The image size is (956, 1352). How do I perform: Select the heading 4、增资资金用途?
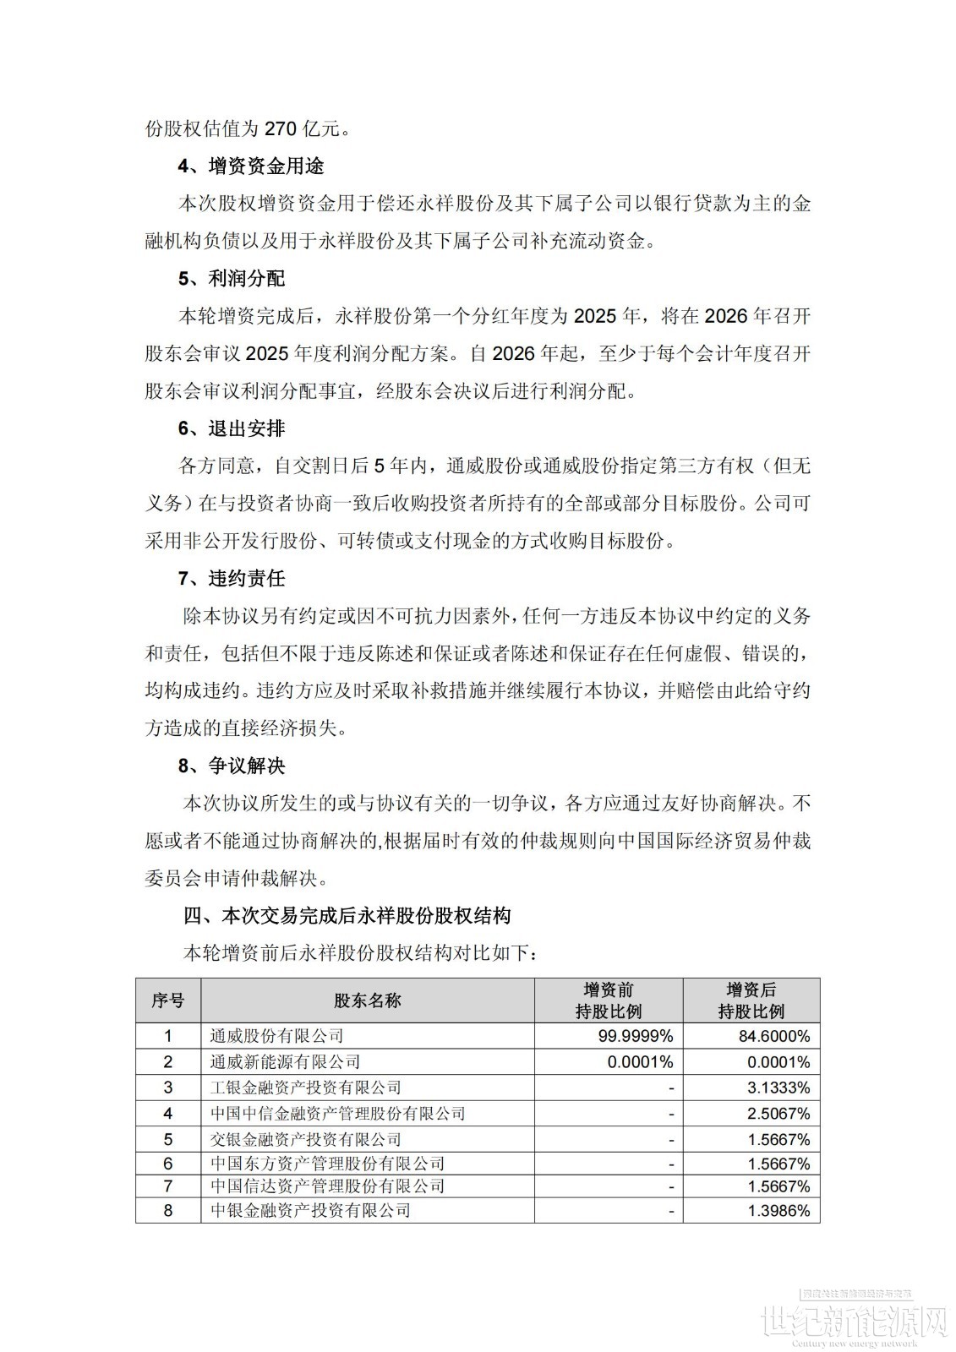pyautogui.click(x=250, y=166)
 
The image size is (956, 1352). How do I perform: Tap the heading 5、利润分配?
pyautogui.click(x=232, y=279)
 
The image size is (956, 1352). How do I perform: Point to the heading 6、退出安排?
pyautogui.click(x=232, y=428)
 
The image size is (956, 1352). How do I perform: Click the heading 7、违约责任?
pyautogui.click(x=232, y=579)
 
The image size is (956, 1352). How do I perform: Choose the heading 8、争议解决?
pyautogui.click(x=232, y=766)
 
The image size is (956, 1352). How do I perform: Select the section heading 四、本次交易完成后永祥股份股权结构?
pyautogui.click(x=347, y=915)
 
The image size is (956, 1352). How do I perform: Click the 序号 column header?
pyautogui.click(x=168, y=1000)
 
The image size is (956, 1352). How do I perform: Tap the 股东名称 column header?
pyautogui.click(x=368, y=1000)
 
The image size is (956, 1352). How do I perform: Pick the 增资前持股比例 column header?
pyautogui.click(x=609, y=1000)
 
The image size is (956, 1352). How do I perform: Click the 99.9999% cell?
pyautogui.click(x=640, y=1036)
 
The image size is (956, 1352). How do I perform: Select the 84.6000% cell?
pyautogui.click(x=778, y=1036)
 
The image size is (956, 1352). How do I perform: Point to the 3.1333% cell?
pyautogui.click(x=778, y=1088)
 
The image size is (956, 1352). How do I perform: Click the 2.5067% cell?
pyautogui.click(x=778, y=1114)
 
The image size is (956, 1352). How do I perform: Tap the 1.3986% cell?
pyautogui.click(x=778, y=1211)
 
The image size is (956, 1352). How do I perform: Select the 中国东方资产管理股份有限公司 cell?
pyautogui.click(x=327, y=1164)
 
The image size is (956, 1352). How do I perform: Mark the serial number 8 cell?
pyautogui.click(x=168, y=1211)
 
